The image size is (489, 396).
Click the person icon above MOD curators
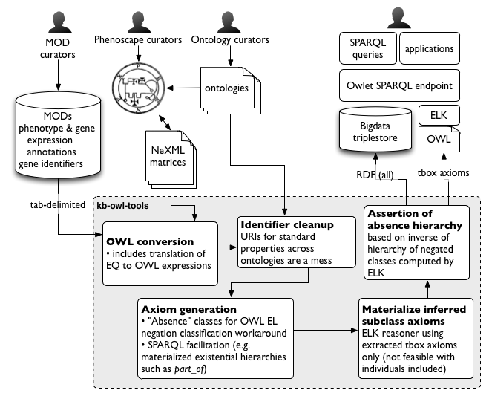[59, 22]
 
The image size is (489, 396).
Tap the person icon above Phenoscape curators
[139, 22]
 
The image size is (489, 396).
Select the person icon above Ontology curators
[229, 22]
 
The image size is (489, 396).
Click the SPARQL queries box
[368, 48]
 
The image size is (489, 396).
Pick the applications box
[430, 48]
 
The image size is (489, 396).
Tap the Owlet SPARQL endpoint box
[399, 85]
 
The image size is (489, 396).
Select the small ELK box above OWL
[439, 115]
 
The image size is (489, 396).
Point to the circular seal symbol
[138, 88]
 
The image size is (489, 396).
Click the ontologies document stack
[231, 91]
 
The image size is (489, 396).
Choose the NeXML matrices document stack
[171, 159]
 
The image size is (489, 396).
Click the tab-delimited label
[58, 204]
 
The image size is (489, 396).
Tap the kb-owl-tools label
[122, 206]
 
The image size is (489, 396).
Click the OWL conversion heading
[150, 241]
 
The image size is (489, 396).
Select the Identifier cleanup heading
[287, 224]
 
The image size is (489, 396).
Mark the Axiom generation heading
[188, 309]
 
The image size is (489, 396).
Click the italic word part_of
[189, 369]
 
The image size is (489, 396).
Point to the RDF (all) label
[375, 175]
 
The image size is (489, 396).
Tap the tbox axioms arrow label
[443, 172]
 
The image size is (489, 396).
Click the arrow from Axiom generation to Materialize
[326, 330]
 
